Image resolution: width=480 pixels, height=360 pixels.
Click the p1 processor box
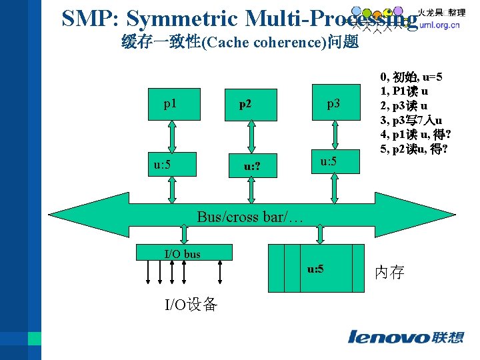(x=171, y=104)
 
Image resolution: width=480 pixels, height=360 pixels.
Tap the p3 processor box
(x=333, y=104)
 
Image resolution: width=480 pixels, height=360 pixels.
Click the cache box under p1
(x=171, y=164)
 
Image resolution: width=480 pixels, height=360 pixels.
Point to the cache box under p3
(x=333, y=162)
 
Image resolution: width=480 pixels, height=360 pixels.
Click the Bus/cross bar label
(x=250, y=217)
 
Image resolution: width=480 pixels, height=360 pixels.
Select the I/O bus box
(x=183, y=253)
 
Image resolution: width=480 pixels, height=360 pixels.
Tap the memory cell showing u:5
(x=315, y=269)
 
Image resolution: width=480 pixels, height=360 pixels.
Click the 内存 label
(x=389, y=272)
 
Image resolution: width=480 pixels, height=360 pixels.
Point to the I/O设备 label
(x=191, y=305)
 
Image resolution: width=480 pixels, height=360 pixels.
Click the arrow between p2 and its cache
(x=251, y=137)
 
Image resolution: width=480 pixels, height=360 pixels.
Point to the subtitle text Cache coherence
(x=263, y=43)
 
